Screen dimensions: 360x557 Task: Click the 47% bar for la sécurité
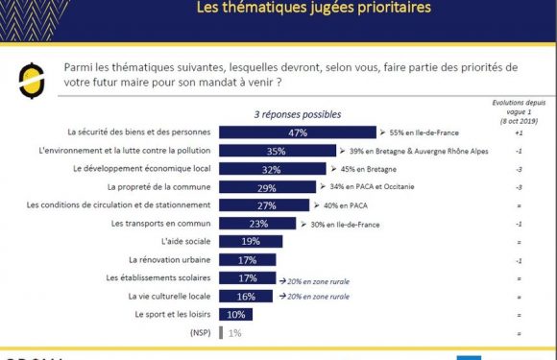point(298,132)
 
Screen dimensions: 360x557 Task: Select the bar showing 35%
point(278,151)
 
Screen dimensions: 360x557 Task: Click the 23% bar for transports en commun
point(258,224)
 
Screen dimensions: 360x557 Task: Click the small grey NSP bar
point(223,333)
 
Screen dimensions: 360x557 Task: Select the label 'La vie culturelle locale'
point(168,297)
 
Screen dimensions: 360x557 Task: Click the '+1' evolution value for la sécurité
point(518,132)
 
